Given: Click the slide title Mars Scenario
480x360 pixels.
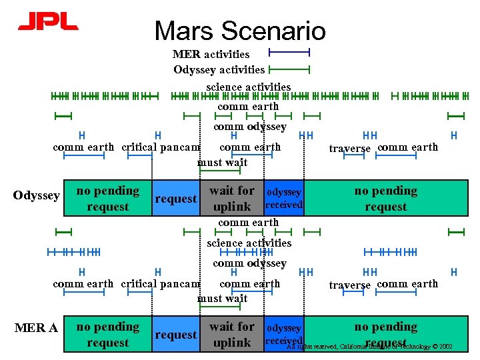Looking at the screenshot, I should click(x=240, y=31).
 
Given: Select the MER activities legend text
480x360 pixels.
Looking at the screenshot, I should click(x=211, y=54).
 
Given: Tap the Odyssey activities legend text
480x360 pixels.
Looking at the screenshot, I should click(x=219, y=69).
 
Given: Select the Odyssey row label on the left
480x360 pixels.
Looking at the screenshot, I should click(x=37, y=195).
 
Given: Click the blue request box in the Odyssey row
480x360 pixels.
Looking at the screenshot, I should click(x=175, y=199).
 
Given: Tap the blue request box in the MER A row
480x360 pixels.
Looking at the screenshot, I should click(x=175, y=335).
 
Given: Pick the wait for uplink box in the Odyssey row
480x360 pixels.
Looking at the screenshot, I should click(x=231, y=199).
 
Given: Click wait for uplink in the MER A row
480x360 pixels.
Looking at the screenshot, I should click(x=231, y=335).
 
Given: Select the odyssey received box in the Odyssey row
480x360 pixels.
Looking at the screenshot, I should click(x=284, y=199).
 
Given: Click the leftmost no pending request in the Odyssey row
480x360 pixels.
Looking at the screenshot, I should click(x=108, y=199).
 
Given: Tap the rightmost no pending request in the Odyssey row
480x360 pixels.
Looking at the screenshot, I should click(x=385, y=199).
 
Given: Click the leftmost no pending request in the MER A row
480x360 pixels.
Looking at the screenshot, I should click(x=108, y=335).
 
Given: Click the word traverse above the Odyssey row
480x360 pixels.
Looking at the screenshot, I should click(x=350, y=149).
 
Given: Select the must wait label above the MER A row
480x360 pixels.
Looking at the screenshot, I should click(x=222, y=298).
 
